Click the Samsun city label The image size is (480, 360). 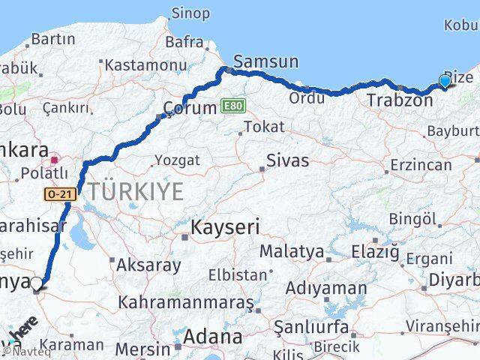click(x=266, y=62)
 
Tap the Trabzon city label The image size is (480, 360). click(x=396, y=99)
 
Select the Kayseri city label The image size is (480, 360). click(x=225, y=226)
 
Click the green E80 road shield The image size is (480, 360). click(x=232, y=106)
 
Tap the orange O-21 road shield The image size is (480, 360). click(x=59, y=194)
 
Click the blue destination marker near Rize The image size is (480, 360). click(x=445, y=81)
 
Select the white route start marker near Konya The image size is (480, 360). click(x=37, y=283)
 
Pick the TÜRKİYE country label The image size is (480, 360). click(x=134, y=192)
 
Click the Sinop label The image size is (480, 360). click(x=191, y=13)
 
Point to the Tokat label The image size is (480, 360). click(x=265, y=127)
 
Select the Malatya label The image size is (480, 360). click(x=292, y=250)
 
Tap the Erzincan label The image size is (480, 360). click(x=421, y=164)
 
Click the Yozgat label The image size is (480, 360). click(x=177, y=160)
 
